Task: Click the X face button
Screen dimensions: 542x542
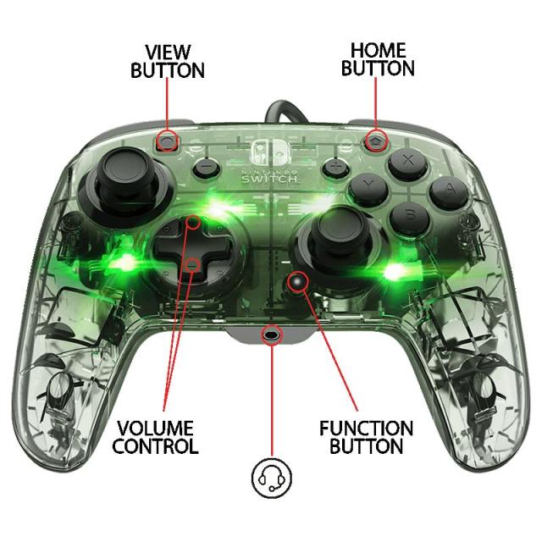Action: [x=409, y=159]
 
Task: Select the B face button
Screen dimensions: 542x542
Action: [x=410, y=215]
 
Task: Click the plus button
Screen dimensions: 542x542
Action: [x=335, y=166]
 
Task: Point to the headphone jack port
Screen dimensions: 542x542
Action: [x=272, y=334]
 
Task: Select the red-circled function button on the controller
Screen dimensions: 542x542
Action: [x=296, y=280]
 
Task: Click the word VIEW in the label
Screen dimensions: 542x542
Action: [x=168, y=52]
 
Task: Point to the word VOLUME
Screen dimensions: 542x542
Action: [x=155, y=428]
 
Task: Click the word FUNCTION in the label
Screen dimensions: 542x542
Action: [x=366, y=428]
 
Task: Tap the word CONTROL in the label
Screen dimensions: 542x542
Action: [x=155, y=446]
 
